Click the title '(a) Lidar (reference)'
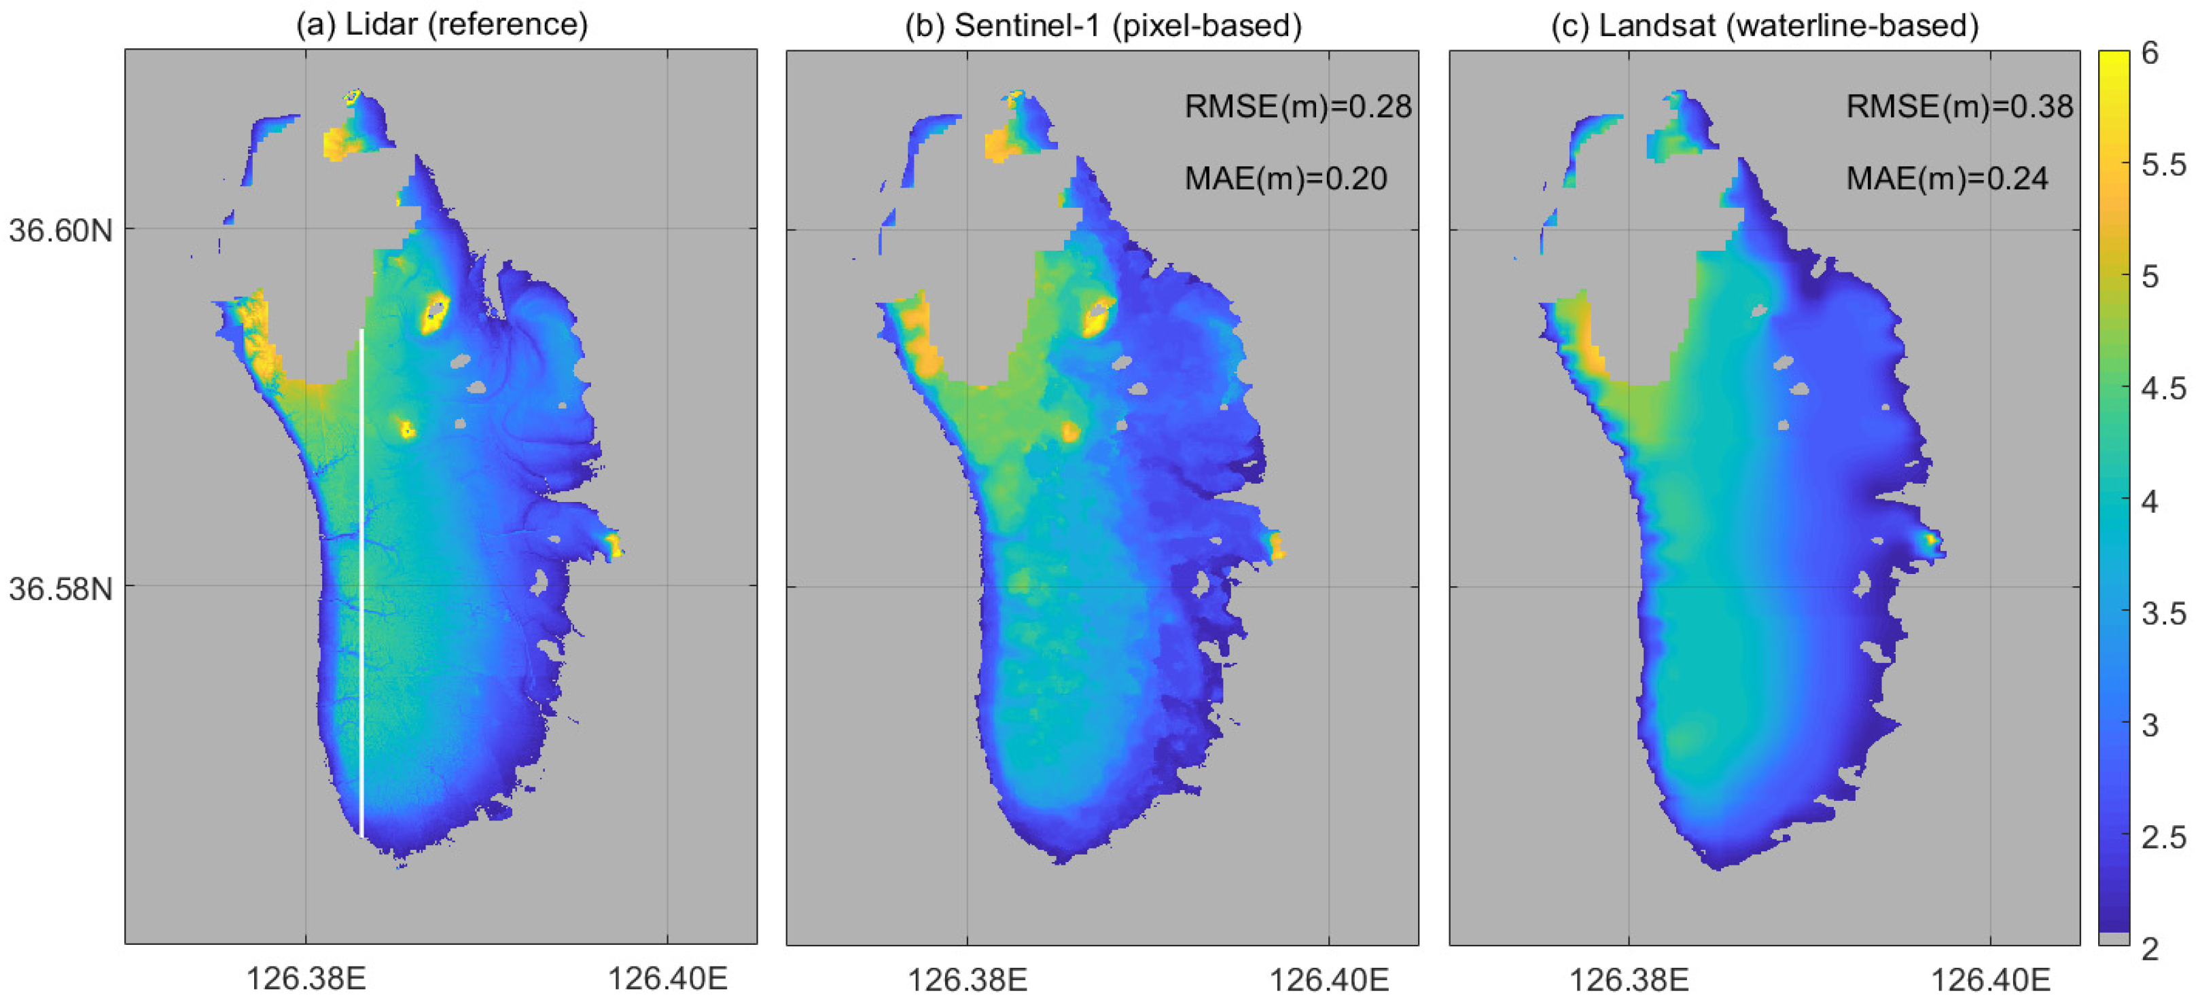pyautogui.click(x=441, y=24)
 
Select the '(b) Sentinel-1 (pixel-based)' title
pyautogui.click(x=1103, y=26)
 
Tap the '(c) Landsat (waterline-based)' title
pyautogui.click(x=1765, y=26)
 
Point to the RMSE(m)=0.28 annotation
pyautogui.click(x=1297, y=107)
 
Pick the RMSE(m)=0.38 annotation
pyautogui.click(x=1959, y=107)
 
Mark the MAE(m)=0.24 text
pyautogui.click(x=1947, y=178)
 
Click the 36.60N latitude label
pyautogui.click(x=60, y=230)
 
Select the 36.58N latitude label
pyautogui.click(x=60, y=588)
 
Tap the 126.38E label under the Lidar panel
pyautogui.click(x=306, y=978)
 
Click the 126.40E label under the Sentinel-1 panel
pyautogui.click(x=1328, y=980)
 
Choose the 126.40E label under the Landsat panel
pyautogui.click(x=1990, y=980)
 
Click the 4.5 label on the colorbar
pyautogui.click(x=2163, y=389)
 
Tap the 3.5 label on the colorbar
pyautogui.click(x=2163, y=613)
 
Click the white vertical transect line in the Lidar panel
pyautogui.click(x=361, y=580)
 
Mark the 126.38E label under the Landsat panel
pyautogui.click(x=1628, y=980)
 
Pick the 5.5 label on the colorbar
pyautogui.click(x=2163, y=164)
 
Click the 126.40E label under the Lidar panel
pyautogui.click(x=667, y=978)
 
